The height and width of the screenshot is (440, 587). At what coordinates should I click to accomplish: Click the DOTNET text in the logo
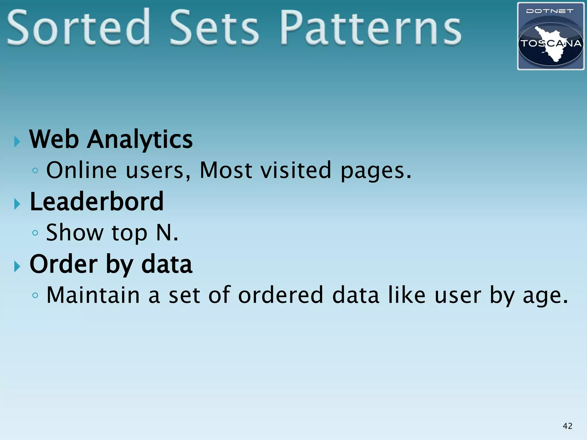point(550,11)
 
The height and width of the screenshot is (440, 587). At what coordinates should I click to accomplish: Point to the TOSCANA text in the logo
point(551,44)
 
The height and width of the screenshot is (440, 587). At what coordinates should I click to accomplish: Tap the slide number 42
point(568,426)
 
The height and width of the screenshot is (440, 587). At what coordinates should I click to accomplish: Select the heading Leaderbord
point(97,202)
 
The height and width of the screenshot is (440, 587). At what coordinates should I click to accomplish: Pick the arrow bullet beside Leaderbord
point(17,204)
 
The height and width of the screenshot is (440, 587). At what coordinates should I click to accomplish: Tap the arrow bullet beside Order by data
point(17,267)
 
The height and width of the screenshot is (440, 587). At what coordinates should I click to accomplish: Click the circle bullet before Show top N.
point(35,233)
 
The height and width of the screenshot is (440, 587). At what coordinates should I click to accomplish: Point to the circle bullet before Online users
point(35,171)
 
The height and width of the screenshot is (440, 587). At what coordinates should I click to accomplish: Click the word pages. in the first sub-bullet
point(376,171)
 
